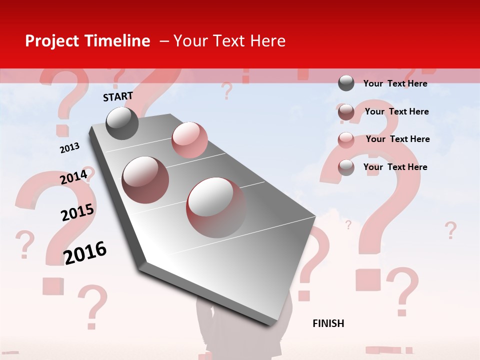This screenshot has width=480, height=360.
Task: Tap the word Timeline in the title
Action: point(117,41)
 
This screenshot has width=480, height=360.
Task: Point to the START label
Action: point(118,96)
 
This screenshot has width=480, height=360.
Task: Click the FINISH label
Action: point(328,323)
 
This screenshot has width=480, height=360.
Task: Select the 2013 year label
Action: point(69,148)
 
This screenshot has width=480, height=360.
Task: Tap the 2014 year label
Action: point(73,177)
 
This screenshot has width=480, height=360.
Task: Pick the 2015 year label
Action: point(77,212)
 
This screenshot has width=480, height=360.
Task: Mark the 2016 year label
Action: point(85,252)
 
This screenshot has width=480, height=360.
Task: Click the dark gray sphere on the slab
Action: point(122,123)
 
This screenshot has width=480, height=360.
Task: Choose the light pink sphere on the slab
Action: point(189,140)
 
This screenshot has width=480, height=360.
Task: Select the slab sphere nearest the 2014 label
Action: point(145,180)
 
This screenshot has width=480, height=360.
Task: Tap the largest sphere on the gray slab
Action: point(216,207)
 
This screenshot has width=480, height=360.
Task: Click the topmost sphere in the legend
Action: point(346,83)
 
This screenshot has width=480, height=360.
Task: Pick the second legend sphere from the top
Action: point(346,112)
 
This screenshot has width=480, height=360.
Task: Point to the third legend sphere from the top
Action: point(346,139)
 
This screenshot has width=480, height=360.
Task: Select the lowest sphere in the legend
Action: point(346,167)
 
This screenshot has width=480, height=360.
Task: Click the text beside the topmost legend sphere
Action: point(395,83)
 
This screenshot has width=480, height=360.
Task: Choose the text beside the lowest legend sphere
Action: point(395,167)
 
